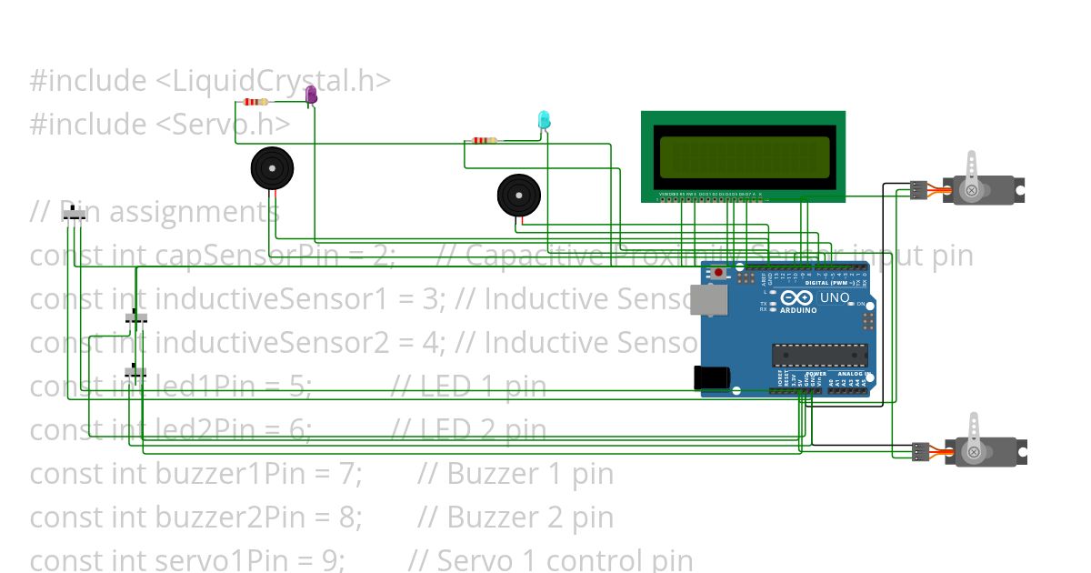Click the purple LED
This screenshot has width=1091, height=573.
[x=311, y=94]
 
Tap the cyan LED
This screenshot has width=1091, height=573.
[x=544, y=119]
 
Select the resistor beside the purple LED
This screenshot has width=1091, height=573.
[x=256, y=102]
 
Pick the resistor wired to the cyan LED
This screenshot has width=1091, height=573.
[x=485, y=140]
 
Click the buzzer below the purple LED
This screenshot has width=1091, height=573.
[x=273, y=169]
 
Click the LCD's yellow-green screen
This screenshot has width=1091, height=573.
[x=744, y=156]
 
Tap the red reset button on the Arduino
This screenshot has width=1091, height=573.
[x=719, y=272]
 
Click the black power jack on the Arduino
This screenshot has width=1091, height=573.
[x=708, y=377]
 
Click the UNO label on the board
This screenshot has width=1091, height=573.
[x=835, y=297]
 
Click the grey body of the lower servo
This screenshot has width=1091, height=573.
[x=986, y=452]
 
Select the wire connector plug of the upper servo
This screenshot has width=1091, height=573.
[x=919, y=190]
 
